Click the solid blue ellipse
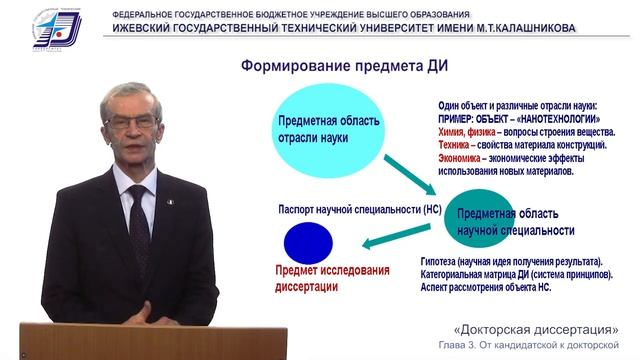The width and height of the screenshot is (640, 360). click(309, 243)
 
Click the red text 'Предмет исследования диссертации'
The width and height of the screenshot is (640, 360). click(318, 279)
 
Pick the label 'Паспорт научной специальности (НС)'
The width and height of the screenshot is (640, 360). click(346, 210)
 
